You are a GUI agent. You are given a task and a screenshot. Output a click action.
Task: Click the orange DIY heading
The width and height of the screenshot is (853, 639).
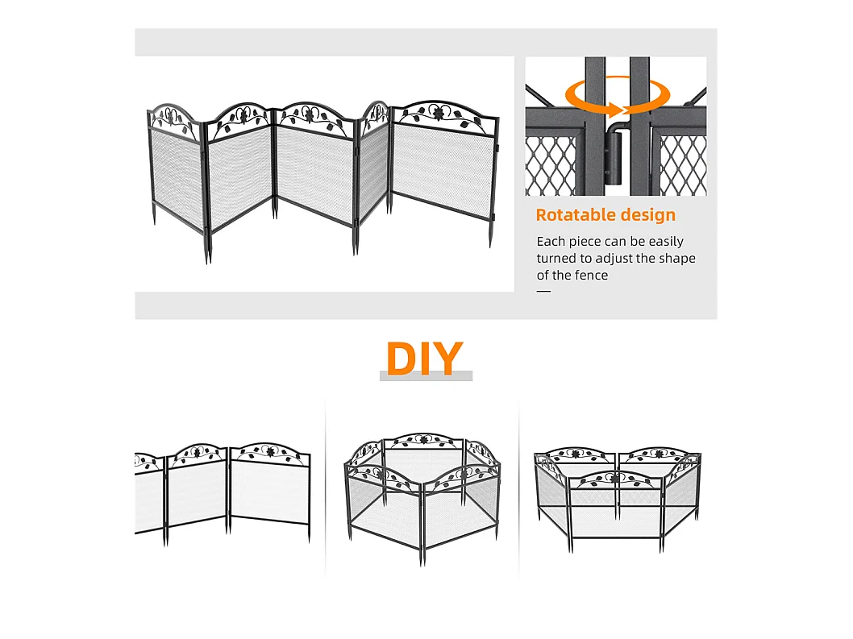point(424,358)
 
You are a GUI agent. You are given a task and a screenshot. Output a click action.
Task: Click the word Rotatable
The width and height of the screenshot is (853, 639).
point(576,215)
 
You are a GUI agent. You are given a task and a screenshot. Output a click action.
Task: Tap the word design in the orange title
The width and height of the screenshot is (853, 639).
point(648,215)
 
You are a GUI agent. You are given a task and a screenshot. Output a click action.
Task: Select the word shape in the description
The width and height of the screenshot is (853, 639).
point(676,259)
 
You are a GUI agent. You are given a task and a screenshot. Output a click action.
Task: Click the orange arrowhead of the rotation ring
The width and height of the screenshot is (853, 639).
point(614,110)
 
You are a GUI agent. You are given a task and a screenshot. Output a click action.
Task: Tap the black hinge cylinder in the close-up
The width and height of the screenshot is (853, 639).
point(614,159)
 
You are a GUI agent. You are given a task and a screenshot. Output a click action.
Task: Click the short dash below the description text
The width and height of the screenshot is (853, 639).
point(543,292)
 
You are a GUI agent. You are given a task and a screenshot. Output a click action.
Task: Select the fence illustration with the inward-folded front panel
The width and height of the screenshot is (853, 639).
point(618,498)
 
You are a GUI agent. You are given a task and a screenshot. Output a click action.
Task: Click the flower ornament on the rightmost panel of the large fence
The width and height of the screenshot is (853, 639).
point(437,113)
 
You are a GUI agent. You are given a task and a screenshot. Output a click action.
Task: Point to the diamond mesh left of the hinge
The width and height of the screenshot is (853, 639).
point(550,165)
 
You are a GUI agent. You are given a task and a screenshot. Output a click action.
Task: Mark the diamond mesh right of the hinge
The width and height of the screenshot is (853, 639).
point(683,165)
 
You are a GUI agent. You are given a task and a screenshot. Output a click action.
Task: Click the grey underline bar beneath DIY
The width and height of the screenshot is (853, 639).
point(426,376)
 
